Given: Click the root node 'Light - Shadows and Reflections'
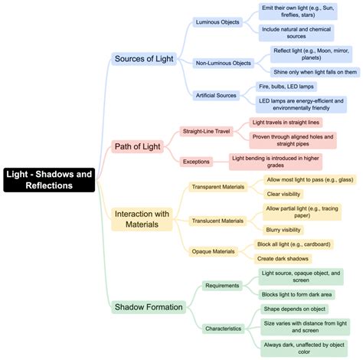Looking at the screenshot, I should point(50,179).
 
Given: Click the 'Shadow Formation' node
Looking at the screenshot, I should point(149,307).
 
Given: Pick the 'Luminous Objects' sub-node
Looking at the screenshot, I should point(218,22).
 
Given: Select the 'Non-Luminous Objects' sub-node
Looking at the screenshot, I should point(224,63).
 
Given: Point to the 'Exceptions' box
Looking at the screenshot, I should point(196,162).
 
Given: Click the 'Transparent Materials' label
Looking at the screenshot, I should point(218,187).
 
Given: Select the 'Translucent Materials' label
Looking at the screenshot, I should point(218,221).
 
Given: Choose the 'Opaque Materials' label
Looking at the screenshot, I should point(213,251).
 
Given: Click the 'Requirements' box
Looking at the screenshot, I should point(223,286).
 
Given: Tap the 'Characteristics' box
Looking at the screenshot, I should point(224,329).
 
